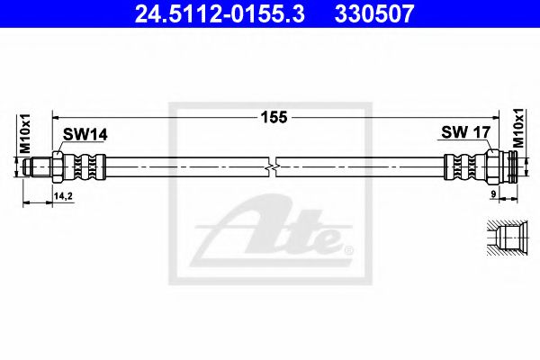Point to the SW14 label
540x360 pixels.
click(85, 134)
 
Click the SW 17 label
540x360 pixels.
click(465, 132)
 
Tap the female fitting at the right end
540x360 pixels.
click(503, 166)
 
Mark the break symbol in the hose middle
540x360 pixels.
click(274, 166)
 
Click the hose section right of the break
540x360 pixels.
click(360, 166)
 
